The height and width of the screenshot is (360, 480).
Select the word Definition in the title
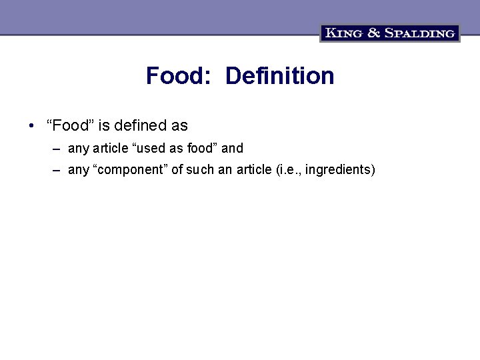tap(279, 76)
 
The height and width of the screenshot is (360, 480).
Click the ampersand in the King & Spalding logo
tap(374, 33)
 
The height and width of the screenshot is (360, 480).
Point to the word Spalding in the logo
tap(419, 33)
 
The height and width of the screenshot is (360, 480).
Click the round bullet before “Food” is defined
tap(32, 125)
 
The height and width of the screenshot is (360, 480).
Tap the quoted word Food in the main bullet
tap(71, 125)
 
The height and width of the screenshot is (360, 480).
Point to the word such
tap(200, 170)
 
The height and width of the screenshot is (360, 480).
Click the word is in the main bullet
tap(103, 125)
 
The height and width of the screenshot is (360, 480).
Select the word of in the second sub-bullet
tap(177, 170)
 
